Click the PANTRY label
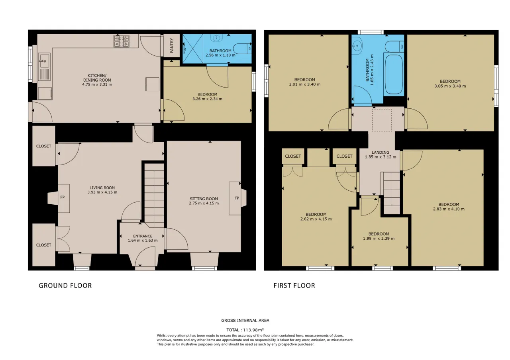[172, 45]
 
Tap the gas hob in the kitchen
[122, 41]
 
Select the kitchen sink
[44, 67]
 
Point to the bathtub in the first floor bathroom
[394, 74]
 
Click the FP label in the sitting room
[237, 198]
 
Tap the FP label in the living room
[63, 197]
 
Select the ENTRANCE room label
[143, 236]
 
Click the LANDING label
[381, 153]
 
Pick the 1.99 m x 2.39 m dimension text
[379, 239]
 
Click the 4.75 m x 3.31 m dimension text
[97, 84]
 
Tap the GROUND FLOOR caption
[65, 286]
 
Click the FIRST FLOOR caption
[294, 286]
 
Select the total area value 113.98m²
[253, 330]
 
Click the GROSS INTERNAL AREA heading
[245, 321]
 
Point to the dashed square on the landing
[382, 120]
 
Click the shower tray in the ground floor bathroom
[193, 49]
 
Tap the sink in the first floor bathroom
[357, 46]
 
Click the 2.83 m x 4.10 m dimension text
[449, 209]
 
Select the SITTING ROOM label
[204, 199]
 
